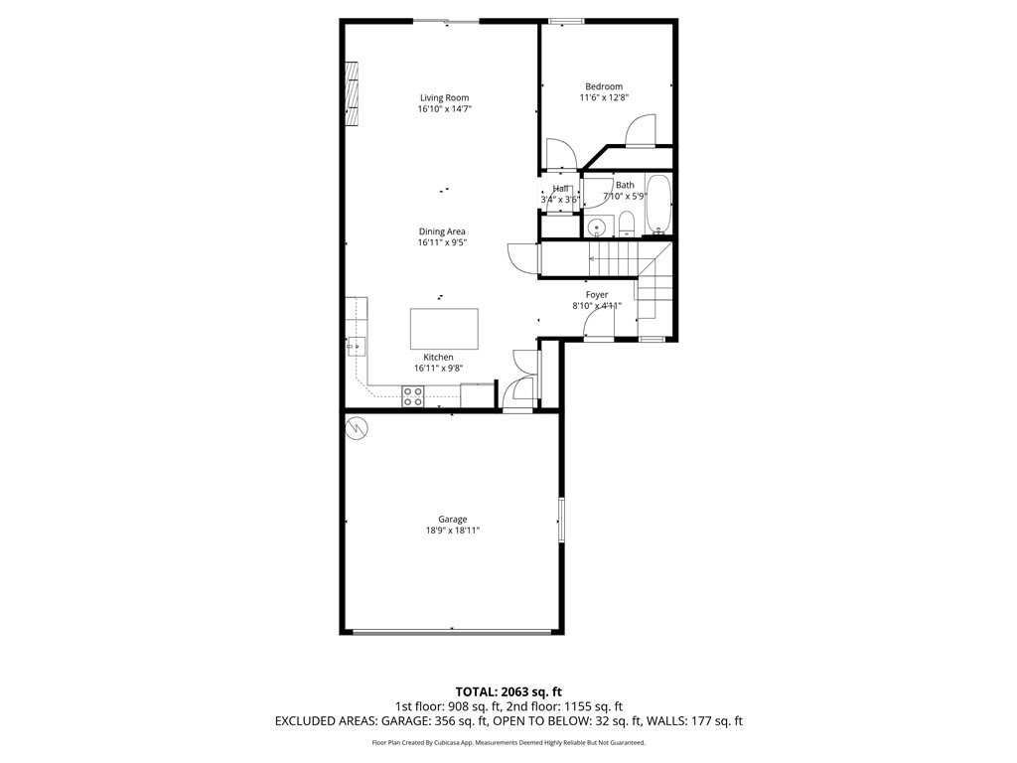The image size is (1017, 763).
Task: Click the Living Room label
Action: (444, 97)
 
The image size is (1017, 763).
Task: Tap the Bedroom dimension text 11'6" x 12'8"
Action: (604, 97)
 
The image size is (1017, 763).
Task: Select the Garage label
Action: (453, 519)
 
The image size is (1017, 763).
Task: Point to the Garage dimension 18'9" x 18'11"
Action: (453, 531)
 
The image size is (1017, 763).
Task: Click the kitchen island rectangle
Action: (444, 329)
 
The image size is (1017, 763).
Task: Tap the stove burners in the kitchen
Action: (413, 396)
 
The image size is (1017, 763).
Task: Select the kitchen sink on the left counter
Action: (357, 346)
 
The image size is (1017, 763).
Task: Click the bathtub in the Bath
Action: (658, 204)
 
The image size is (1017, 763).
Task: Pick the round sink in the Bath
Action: (596, 228)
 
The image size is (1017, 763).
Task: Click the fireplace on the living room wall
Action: (351, 94)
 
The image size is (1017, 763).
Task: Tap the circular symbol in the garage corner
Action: (358, 428)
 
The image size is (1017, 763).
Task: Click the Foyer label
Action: (597, 295)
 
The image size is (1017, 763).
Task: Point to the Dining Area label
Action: (442, 231)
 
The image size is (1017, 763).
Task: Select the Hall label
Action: (561, 189)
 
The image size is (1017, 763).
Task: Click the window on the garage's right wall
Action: (561, 520)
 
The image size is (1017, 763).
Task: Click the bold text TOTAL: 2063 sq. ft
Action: (508, 691)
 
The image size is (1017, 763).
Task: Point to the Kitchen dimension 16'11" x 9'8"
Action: (439, 369)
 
